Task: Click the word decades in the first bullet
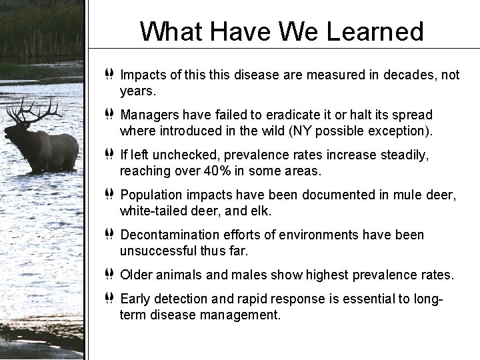(381, 75)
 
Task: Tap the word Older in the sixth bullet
(137, 275)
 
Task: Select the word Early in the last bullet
(135, 299)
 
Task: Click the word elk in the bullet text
(262, 211)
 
